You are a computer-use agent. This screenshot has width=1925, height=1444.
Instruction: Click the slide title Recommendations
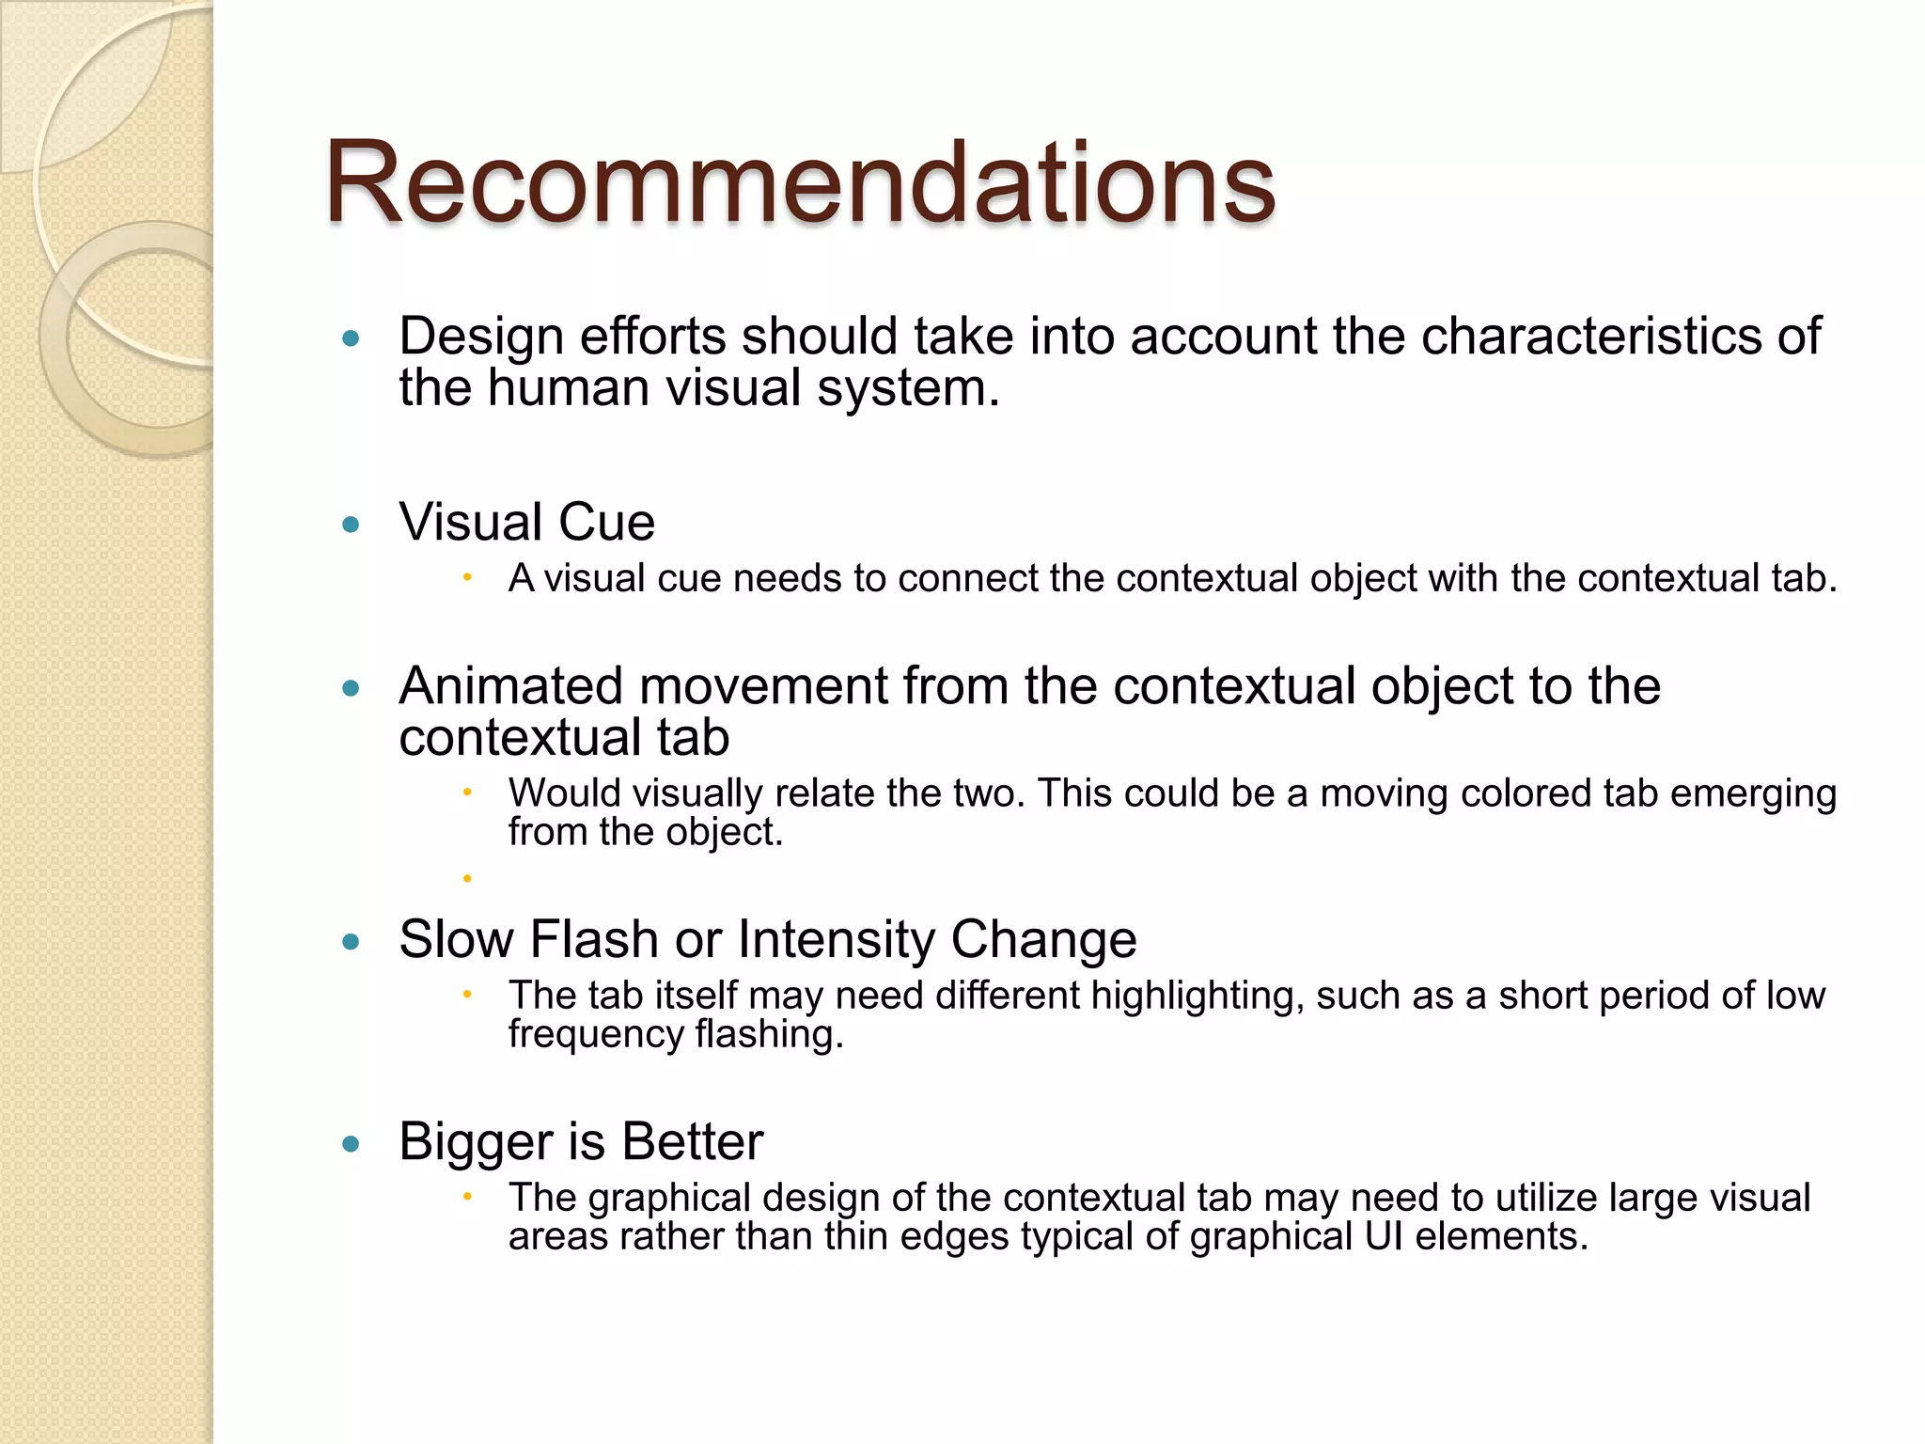click(x=799, y=182)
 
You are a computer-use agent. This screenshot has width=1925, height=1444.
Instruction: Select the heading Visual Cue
click(x=526, y=522)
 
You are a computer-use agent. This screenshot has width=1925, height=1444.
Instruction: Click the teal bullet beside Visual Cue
click(x=352, y=525)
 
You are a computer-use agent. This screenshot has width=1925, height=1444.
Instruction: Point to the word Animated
click(x=511, y=685)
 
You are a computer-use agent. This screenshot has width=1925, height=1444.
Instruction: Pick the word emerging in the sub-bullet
click(x=1753, y=793)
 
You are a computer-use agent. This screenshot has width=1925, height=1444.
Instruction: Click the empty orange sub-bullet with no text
click(x=467, y=879)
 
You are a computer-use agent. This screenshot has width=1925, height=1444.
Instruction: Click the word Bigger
click(x=476, y=1142)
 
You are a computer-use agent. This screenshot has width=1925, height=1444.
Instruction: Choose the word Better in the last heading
click(x=692, y=1142)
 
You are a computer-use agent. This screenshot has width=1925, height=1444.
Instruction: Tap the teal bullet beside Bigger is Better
click(x=352, y=1144)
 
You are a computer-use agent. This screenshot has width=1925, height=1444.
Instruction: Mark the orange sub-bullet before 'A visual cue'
click(x=467, y=577)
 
